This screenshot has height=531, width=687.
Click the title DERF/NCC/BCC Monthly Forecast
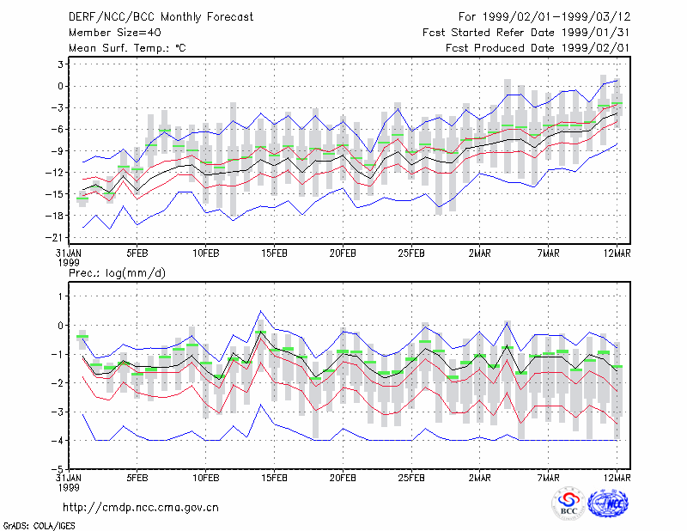(x=161, y=17)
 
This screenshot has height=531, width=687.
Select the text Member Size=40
(x=115, y=33)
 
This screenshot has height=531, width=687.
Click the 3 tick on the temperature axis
(x=60, y=64)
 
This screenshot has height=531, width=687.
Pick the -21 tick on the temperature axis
(x=54, y=237)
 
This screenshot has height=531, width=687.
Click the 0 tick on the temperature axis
(x=60, y=86)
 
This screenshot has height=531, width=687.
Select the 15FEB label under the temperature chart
(x=274, y=253)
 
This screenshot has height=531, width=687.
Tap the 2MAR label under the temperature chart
(x=480, y=253)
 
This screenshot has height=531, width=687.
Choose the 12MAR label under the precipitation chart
(x=617, y=478)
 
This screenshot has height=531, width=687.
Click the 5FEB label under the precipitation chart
(x=137, y=478)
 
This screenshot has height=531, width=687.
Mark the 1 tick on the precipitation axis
(x=60, y=296)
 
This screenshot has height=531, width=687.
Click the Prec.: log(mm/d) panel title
(x=117, y=273)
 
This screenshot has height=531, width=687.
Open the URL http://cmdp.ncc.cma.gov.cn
(x=141, y=508)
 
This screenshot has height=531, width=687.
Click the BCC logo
(x=568, y=504)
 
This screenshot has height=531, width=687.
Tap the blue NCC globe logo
(x=608, y=504)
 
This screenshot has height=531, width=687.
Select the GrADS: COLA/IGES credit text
(x=40, y=526)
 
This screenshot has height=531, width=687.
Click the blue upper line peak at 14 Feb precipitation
(x=261, y=311)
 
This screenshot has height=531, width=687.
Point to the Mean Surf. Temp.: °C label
(x=127, y=48)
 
